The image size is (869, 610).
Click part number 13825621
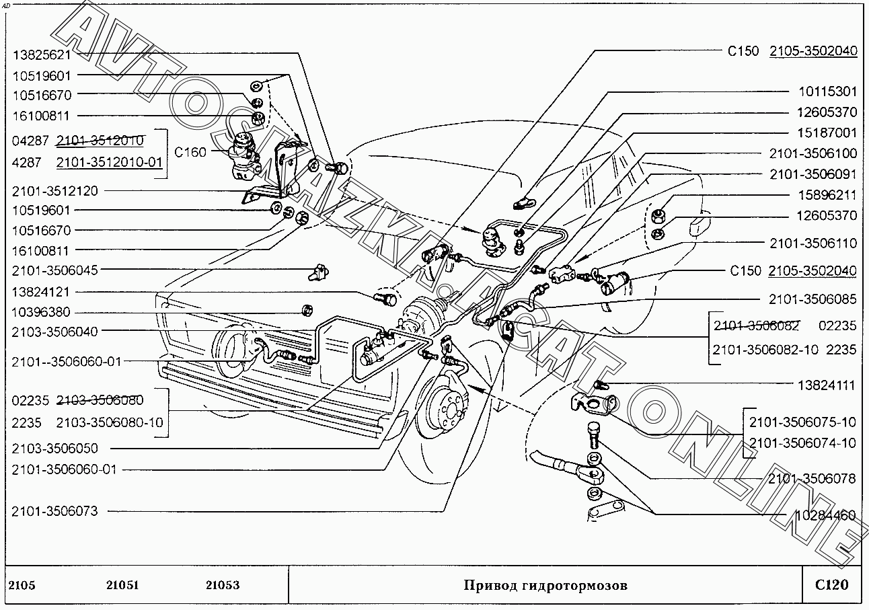pyautogui.click(x=42, y=55)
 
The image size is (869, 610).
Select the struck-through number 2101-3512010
pyautogui.click(x=100, y=141)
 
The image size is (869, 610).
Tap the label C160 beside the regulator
pyautogui.click(x=190, y=153)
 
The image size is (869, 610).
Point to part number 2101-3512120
pyautogui.click(x=54, y=191)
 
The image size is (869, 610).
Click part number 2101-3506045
pyautogui.click(x=54, y=270)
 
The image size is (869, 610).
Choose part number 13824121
pyautogui.click(x=41, y=292)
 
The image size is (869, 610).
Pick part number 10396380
pyautogui.click(x=41, y=312)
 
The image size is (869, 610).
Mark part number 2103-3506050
pyautogui.click(x=54, y=449)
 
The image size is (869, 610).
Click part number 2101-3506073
pyautogui.click(x=54, y=512)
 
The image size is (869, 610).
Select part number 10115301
pyautogui.click(x=827, y=91)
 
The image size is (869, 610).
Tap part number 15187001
pyautogui.click(x=827, y=133)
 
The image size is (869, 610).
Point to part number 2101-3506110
pyautogui.click(x=813, y=243)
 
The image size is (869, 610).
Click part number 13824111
pyautogui.click(x=827, y=385)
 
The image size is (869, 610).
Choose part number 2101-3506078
pyautogui.click(x=812, y=479)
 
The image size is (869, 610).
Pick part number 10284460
pyautogui.click(x=825, y=515)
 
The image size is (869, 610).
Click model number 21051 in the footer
pyautogui.click(x=122, y=585)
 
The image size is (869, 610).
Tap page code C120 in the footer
pyautogui.click(x=832, y=585)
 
